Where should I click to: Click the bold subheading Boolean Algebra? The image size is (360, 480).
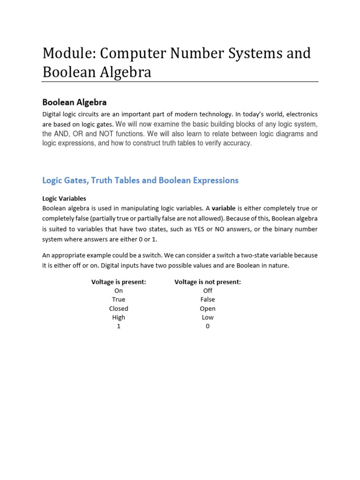(x=75, y=102)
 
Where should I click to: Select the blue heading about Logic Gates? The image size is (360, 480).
(x=140, y=180)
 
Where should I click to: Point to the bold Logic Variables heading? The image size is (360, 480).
(x=64, y=199)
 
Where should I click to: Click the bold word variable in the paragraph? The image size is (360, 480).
(x=224, y=208)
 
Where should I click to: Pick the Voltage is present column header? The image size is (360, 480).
(x=119, y=282)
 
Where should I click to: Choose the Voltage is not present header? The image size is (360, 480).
(x=208, y=282)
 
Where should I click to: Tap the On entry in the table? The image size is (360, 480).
(x=119, y=291)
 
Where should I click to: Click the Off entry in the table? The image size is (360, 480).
(x=208, y=291)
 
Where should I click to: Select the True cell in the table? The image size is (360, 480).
(x=119, y=300)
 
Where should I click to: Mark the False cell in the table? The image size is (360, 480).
(x=208, y=300)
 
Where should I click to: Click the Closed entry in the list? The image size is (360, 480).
(x=119, y=308)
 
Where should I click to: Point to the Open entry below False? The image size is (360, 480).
(x=208, y=308)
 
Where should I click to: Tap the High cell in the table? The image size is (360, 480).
(x=119, y=317)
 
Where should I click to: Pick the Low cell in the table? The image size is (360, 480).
(x=208, y=317)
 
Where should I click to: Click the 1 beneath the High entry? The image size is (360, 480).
(x=119, y=326)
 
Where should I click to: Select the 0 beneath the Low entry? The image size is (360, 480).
(x=208, y=326)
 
